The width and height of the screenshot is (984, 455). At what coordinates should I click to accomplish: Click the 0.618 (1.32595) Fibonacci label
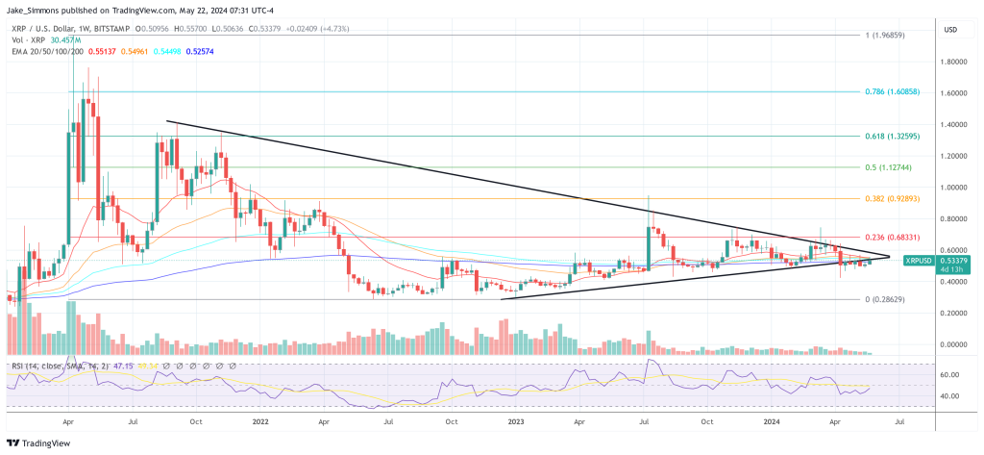[894, 137]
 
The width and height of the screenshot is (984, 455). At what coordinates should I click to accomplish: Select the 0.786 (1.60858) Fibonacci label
[894, 92]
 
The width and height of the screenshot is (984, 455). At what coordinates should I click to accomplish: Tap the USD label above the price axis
[951, 30]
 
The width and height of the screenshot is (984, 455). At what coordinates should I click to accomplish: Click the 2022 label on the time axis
[259, 421]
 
